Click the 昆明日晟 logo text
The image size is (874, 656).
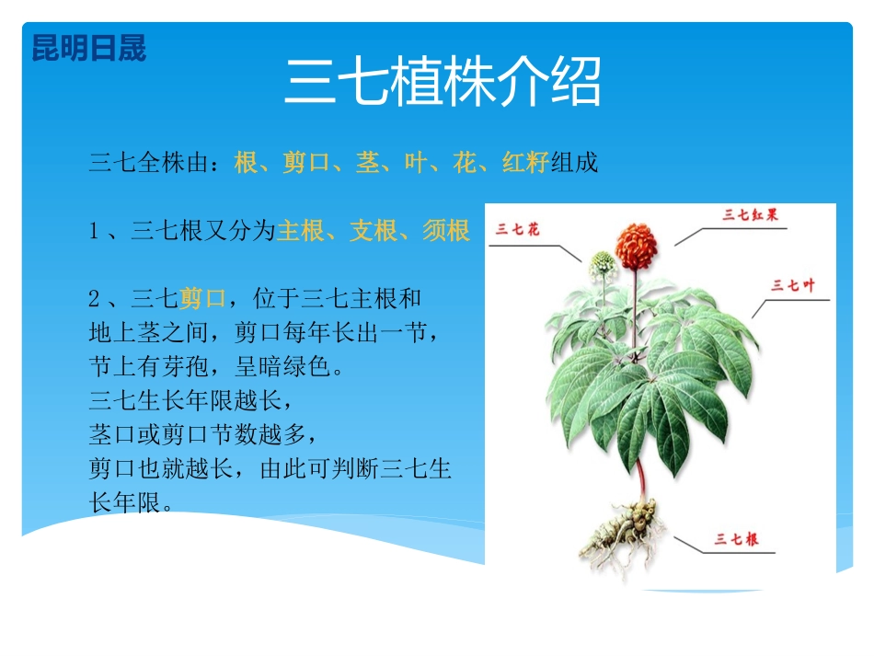[88, 49]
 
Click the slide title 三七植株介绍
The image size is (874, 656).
[443, 83]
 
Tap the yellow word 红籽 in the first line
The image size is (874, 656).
[525, 164]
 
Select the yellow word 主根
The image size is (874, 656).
[302, 231]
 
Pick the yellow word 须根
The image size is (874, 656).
[446, 231]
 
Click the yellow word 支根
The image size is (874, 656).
[374, 231]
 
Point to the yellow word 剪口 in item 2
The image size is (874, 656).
[202, 298]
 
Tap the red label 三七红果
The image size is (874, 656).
[751, 213]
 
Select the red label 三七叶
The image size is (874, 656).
[793, 285]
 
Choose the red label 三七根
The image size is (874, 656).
[735, 539]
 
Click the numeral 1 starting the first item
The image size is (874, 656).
[94, 232]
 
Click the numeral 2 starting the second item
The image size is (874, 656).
[94, 299]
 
